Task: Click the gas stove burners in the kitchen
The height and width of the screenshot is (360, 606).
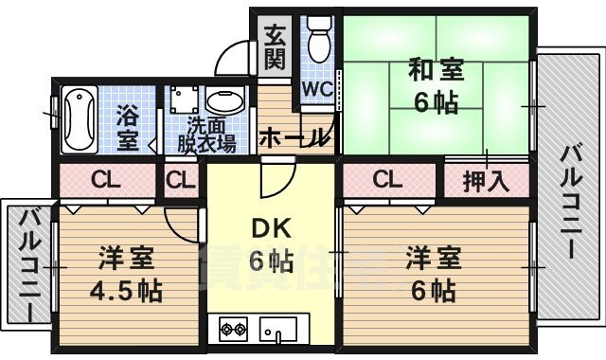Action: pos(233,331)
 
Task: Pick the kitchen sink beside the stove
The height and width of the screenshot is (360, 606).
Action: pos(277,331)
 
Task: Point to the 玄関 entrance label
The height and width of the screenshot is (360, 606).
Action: pos(275,47)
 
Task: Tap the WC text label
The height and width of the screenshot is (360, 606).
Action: pos(315,89)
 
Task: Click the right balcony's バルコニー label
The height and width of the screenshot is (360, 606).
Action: pos(571,201)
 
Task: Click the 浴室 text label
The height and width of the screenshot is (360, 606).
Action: pos(127,130)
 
